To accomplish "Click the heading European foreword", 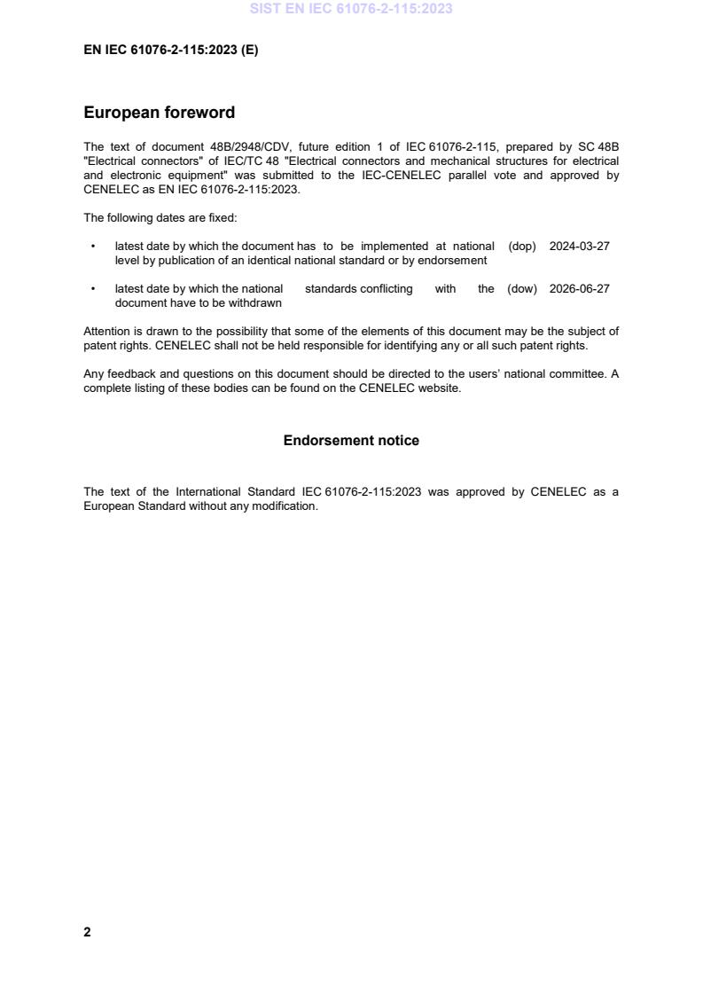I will (x=159, y=113).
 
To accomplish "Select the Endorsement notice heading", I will (x=351, y=441).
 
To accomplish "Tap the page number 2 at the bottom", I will (x=87, y=932).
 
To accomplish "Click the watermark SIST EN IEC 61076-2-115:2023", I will (x=351, y=9).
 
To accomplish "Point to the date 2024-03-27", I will (x=579, y=247).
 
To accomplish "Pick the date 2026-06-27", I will (x=579, y=289).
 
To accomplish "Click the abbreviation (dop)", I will (x=522, y=247).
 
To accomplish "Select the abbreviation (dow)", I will (x=522, y=289).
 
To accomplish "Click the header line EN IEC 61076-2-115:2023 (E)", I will (x=170, y=51).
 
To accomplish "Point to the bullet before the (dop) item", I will (x=93, y=247).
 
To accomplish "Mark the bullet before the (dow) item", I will (x=93, y=289).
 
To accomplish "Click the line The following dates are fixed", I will (x=160, y=217).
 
